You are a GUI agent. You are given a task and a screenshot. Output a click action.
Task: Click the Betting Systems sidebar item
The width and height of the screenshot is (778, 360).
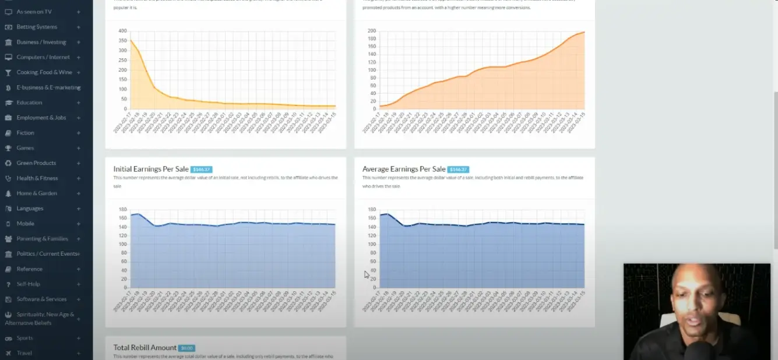click(x=37, y=27)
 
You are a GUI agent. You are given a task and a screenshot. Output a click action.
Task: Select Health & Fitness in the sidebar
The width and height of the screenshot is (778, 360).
click(x=37, y=178)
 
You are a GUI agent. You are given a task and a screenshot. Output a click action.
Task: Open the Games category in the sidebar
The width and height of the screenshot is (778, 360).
click(x=25, y=148)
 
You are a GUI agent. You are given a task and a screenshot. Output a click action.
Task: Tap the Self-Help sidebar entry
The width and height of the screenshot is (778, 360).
click(x=28, y=284)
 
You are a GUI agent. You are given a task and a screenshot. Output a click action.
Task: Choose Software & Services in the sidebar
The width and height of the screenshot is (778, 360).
click(x=41, y=299)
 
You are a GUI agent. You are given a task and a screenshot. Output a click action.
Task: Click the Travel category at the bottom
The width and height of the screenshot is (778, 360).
click(x=24, y=353)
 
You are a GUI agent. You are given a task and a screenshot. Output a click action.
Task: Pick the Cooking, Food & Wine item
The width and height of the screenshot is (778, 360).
click(x=44, y=72)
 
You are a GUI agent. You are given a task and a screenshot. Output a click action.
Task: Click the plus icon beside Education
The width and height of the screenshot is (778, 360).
click(x=79, y=103)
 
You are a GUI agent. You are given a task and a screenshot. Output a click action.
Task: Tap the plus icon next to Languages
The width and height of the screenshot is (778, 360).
click(x=79, y=209)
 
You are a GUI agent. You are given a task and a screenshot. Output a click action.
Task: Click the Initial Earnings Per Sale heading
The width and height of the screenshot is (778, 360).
click(x=151, y=169)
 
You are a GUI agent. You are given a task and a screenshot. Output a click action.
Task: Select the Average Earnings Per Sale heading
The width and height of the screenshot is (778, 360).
click(x=404, y=169)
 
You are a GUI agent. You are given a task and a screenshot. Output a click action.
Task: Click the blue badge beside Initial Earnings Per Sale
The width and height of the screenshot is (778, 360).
click(x=201, y=170)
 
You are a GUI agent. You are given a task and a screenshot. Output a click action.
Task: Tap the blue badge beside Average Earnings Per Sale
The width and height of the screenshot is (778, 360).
click(x=458, y=170)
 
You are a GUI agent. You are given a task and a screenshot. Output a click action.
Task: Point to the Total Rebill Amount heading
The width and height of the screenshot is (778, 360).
click(x=145, y=348)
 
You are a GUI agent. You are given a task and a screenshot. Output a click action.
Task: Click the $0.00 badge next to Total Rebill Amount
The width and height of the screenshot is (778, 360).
click(x=186, y=348)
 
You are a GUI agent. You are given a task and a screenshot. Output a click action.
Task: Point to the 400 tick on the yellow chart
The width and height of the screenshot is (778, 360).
click(x=122, y=31)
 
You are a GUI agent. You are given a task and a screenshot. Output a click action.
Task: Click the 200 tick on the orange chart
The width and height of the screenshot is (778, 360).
click(x=371, y=31)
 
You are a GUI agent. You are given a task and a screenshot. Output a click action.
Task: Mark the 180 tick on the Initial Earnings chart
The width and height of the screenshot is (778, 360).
click(x=122, y=209)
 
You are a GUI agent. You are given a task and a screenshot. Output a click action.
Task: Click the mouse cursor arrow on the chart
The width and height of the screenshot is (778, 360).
click(x=367, y=274)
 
